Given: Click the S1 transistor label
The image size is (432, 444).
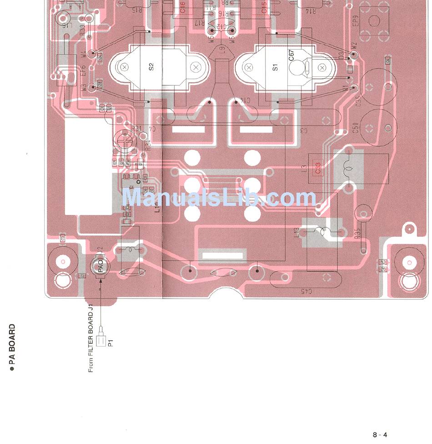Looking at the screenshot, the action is (x=275, y=67).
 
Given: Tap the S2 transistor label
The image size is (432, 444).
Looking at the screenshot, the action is (x=151, y=67).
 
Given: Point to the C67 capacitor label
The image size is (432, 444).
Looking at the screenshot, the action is (x=291, y=55).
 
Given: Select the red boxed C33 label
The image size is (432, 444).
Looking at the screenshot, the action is (x=317, y=168).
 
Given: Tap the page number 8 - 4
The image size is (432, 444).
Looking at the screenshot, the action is (x=380, y=435).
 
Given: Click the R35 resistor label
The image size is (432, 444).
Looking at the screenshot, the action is (x=358, y=233).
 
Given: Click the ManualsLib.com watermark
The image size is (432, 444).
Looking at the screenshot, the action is (x=219, y=198).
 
